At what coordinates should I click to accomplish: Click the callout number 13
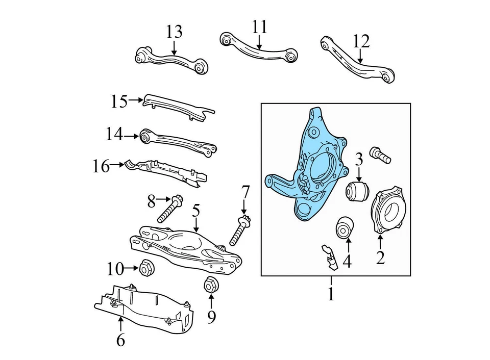(x=174, y=32)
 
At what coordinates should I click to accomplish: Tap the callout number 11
(x=259, y=27)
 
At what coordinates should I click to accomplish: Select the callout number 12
(x=361, y=41)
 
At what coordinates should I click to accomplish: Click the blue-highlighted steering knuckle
(x=306, y=168)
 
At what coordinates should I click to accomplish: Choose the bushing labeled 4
(x=345, y=227)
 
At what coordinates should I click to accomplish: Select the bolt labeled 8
(x=170, y=210)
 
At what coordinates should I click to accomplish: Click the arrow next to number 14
(x=132, y=136)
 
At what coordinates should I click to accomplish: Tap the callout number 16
(x=102, y=166)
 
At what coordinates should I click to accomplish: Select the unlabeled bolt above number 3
(x=381, y=154)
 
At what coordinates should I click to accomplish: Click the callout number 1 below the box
(x=331, y=294)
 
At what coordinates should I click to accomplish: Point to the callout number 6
(x=120, y=340)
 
